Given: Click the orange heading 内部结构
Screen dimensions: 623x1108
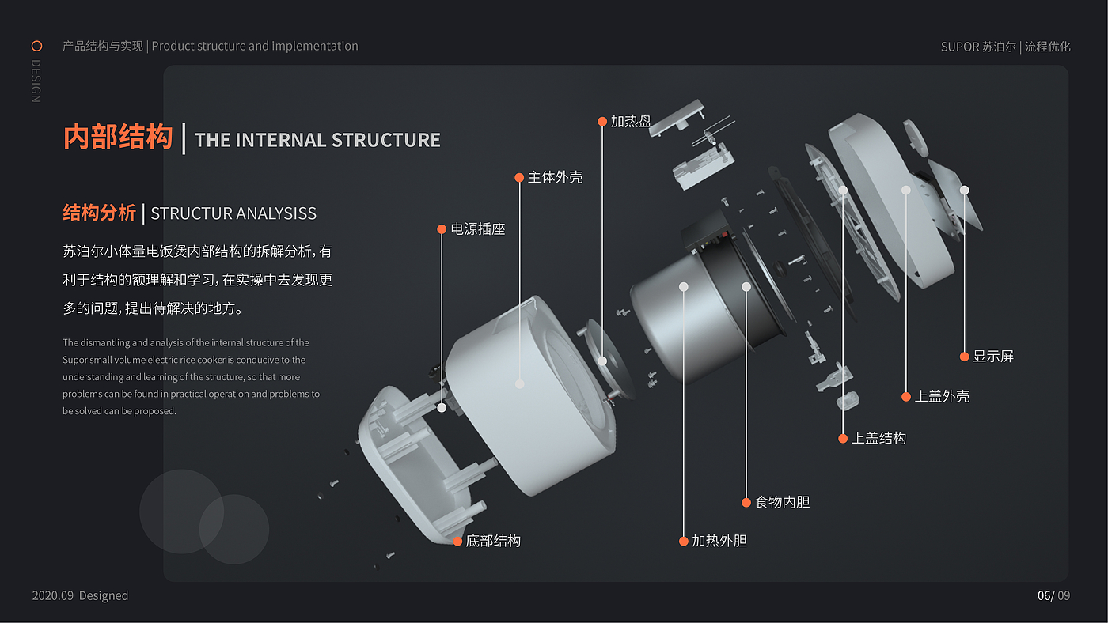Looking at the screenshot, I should (x=118, y=138).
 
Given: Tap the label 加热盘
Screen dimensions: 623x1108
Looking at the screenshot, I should (x=631, y=122).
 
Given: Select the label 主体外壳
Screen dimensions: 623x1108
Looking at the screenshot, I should (x=555, y=178).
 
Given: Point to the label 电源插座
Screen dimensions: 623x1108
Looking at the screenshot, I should (x=477, y=229).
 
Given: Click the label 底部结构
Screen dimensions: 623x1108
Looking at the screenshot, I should (x=492, y=542).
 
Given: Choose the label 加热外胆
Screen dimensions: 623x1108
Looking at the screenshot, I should (x=719, y=542).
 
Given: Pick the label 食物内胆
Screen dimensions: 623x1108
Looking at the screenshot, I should (x=782, y=502).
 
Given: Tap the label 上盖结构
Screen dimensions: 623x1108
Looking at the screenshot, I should (x=878, y=438).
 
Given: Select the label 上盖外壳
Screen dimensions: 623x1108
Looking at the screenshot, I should (x=942, y=397).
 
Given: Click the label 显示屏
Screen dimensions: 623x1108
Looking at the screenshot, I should (x=992, y=357).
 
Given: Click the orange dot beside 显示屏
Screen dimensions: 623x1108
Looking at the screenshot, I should (x=964, y=357).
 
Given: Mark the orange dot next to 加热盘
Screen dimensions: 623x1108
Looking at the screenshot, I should (x=602, y=122).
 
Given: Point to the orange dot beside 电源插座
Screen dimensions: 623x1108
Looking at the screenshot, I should (x=442, y=229).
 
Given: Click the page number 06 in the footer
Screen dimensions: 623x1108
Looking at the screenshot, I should (x=1045, y=596).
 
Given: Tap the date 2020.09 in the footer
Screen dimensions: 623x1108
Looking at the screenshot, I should (x=52, y=596).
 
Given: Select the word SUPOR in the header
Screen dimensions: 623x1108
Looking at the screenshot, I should (x=959, y=47).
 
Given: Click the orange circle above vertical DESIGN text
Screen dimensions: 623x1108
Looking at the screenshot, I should (x=36, y=46).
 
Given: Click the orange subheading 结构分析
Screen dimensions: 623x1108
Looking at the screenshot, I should (x=99, y=213).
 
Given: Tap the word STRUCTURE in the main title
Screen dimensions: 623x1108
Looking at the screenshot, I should (x=385, y=140).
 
